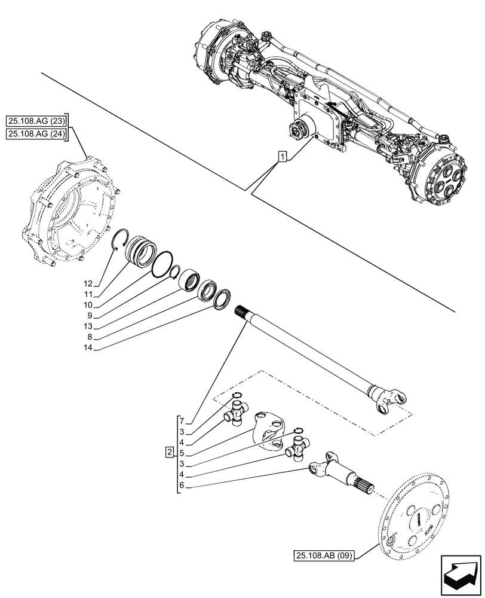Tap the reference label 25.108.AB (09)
pos(324,556)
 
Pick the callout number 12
pos(89,283)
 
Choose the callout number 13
pos(89,326)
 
